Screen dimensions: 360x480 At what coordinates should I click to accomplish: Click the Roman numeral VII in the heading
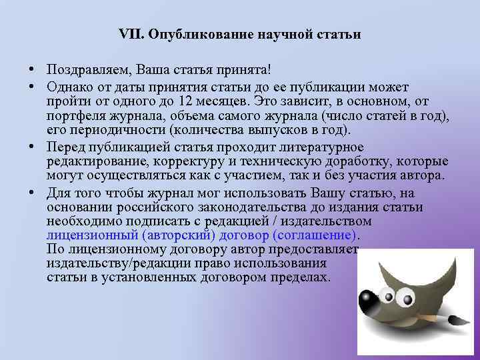click(129, 34)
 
